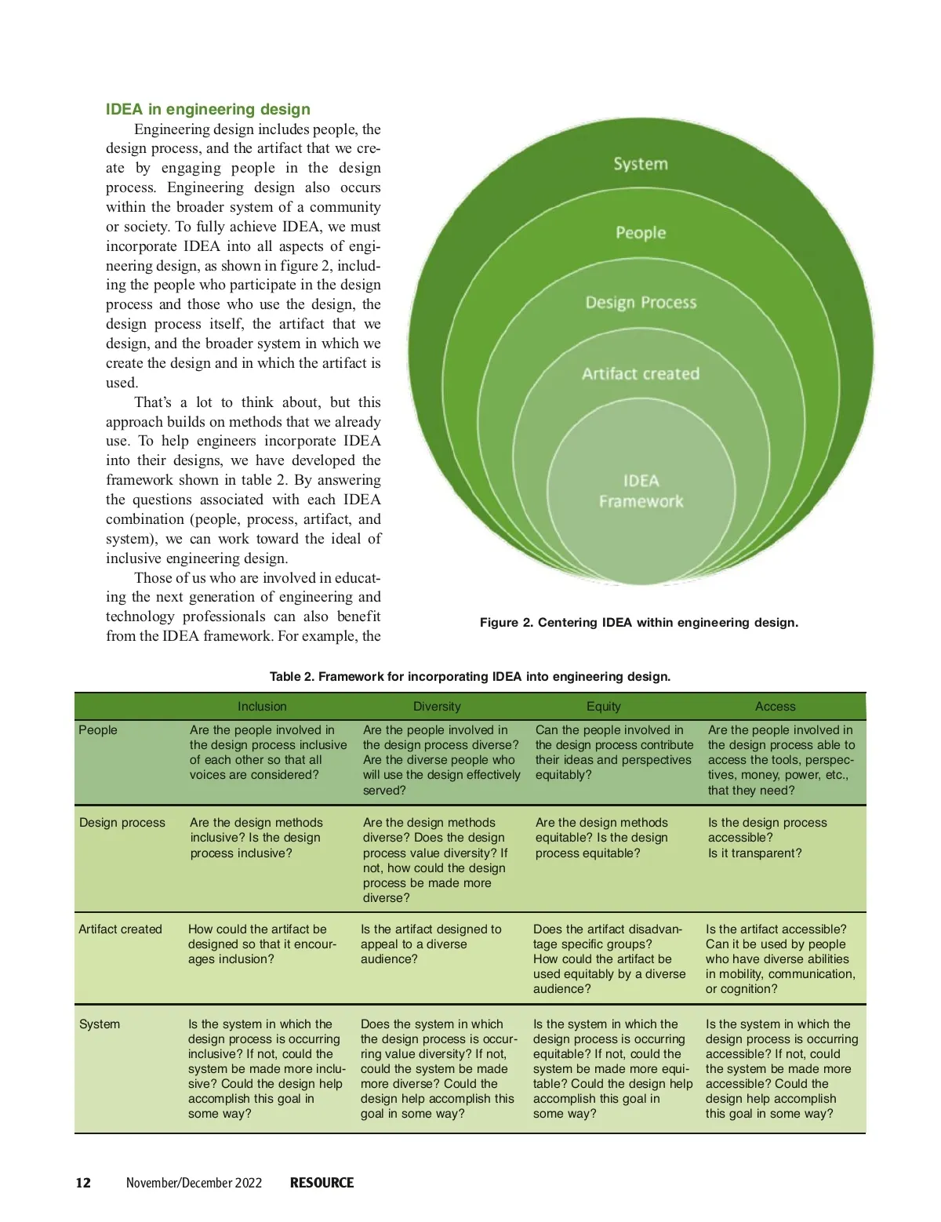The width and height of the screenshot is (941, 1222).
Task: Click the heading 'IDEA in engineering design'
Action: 208,109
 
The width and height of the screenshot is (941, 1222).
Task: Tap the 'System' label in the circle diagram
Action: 641,164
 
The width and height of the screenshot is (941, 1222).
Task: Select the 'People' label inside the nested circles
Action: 641,233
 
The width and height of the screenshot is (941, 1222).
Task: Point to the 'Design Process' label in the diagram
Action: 641,303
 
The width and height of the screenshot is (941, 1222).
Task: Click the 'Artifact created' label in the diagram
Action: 641,374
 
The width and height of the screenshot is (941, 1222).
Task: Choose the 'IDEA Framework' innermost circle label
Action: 641,491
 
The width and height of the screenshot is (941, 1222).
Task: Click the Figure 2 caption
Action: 639,623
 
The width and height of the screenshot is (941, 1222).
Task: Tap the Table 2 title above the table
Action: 470,676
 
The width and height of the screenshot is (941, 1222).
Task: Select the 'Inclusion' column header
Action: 262,707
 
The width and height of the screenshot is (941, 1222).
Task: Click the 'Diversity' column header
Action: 437,707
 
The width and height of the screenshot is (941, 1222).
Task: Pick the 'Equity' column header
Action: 603,707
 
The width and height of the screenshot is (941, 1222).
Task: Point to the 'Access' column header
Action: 775,707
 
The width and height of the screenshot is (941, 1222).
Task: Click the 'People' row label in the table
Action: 98,730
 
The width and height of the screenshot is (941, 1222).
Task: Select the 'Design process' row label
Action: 122,823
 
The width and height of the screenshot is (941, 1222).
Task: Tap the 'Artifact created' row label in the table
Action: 120,929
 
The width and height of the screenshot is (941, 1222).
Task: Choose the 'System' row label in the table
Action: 100,1024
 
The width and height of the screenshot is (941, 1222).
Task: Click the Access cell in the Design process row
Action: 767,838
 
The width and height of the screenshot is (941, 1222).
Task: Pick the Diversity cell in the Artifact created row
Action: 431,944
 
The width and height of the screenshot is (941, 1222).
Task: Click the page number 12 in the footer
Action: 83,1183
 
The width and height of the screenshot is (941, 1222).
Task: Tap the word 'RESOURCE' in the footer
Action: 322,1183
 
